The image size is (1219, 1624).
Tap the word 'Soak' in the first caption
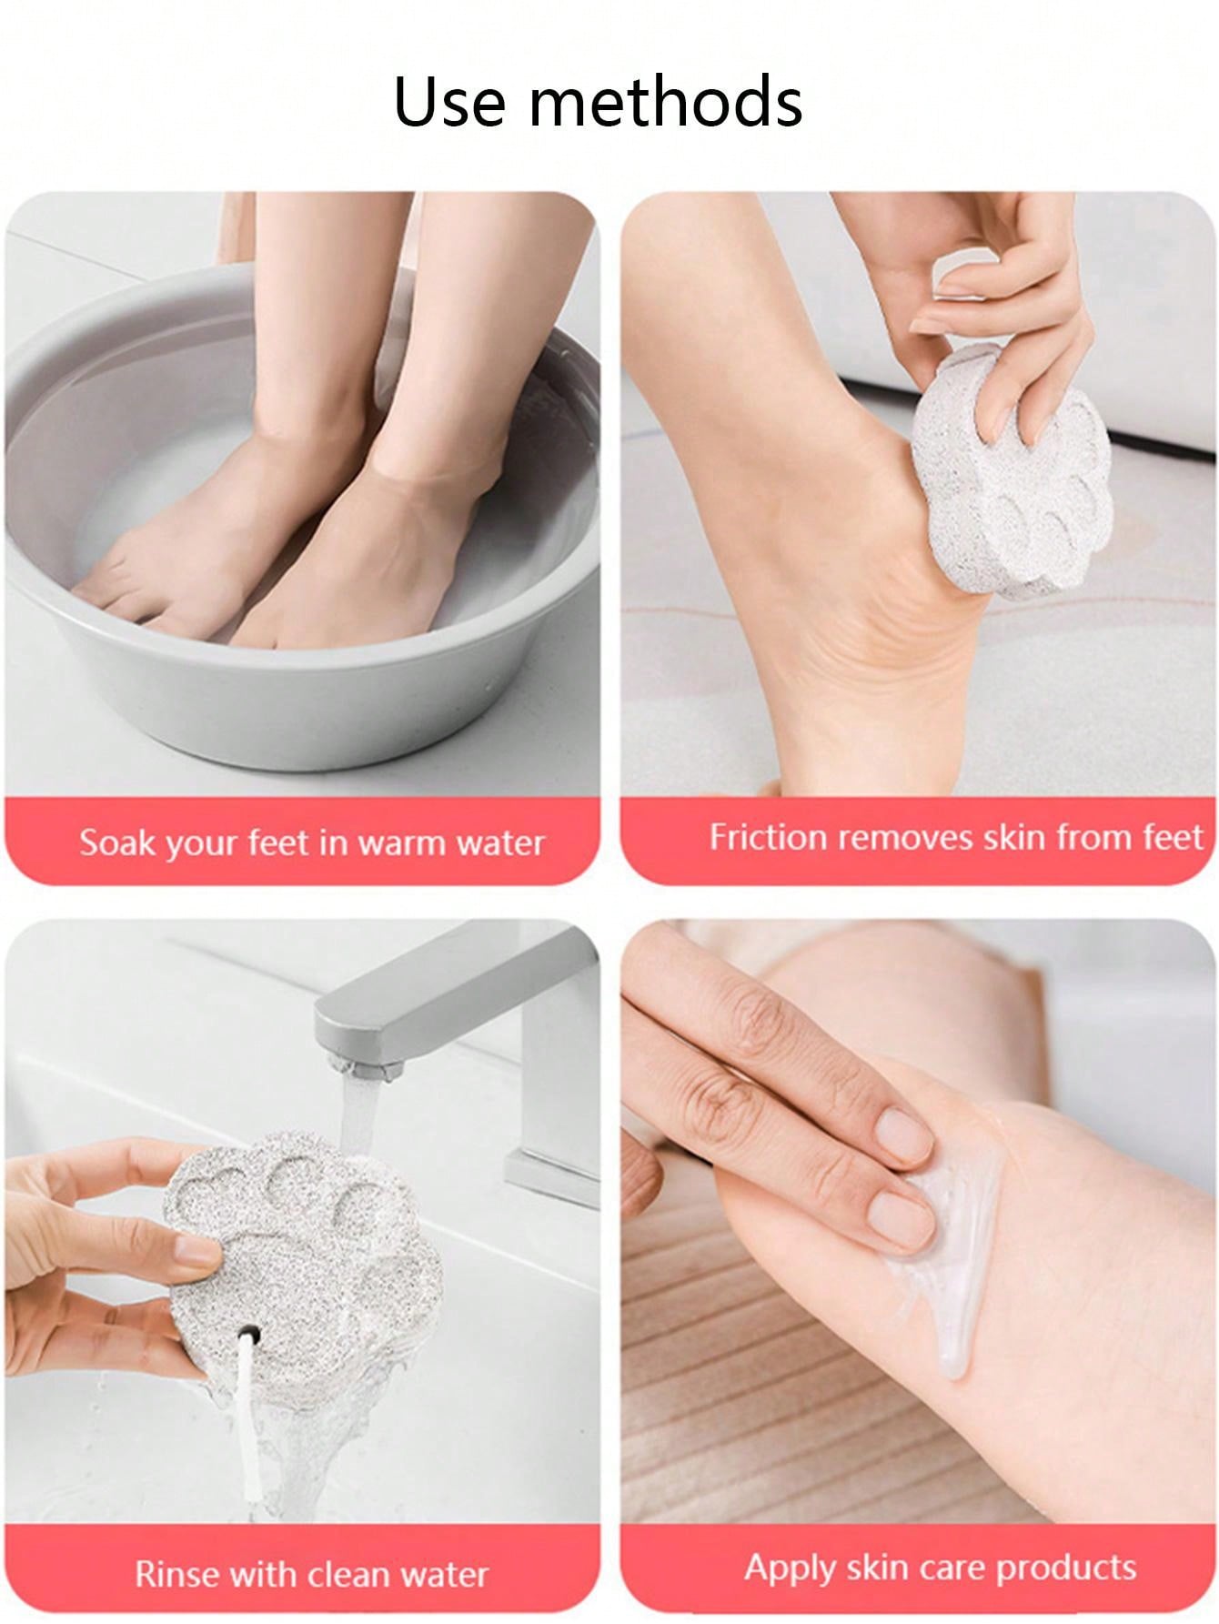click(113, 842)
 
